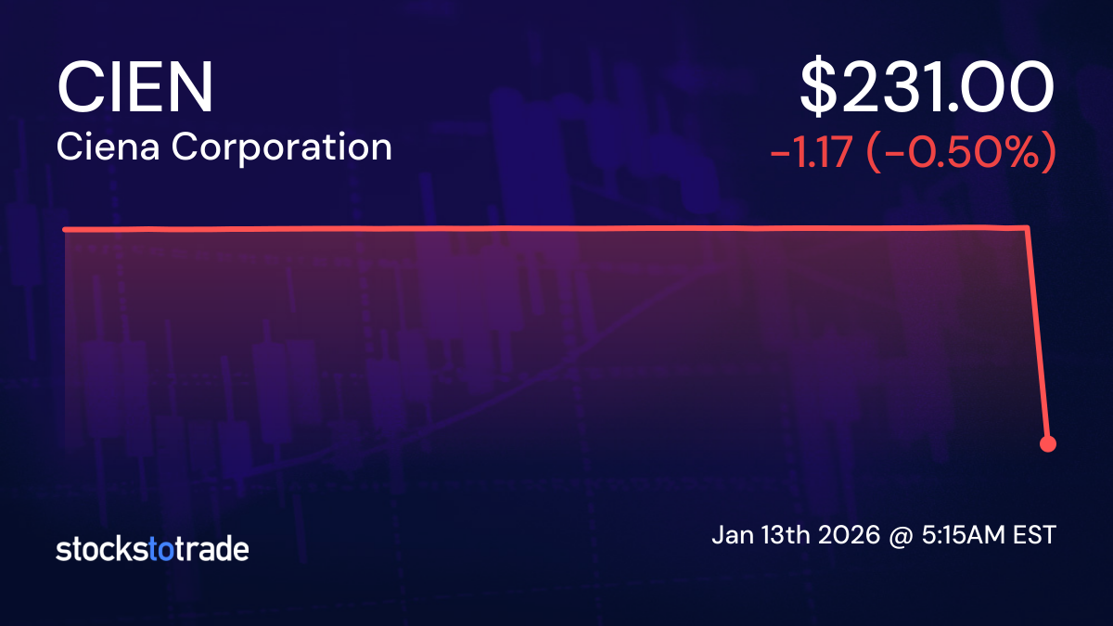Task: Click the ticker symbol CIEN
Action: coord(135,89)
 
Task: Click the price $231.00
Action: coord(927,89)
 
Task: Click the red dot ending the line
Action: coord(1048,443)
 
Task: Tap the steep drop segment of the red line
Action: coord(1038,334)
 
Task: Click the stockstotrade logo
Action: coord(152,549)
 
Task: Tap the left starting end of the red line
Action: coord(65,229)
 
